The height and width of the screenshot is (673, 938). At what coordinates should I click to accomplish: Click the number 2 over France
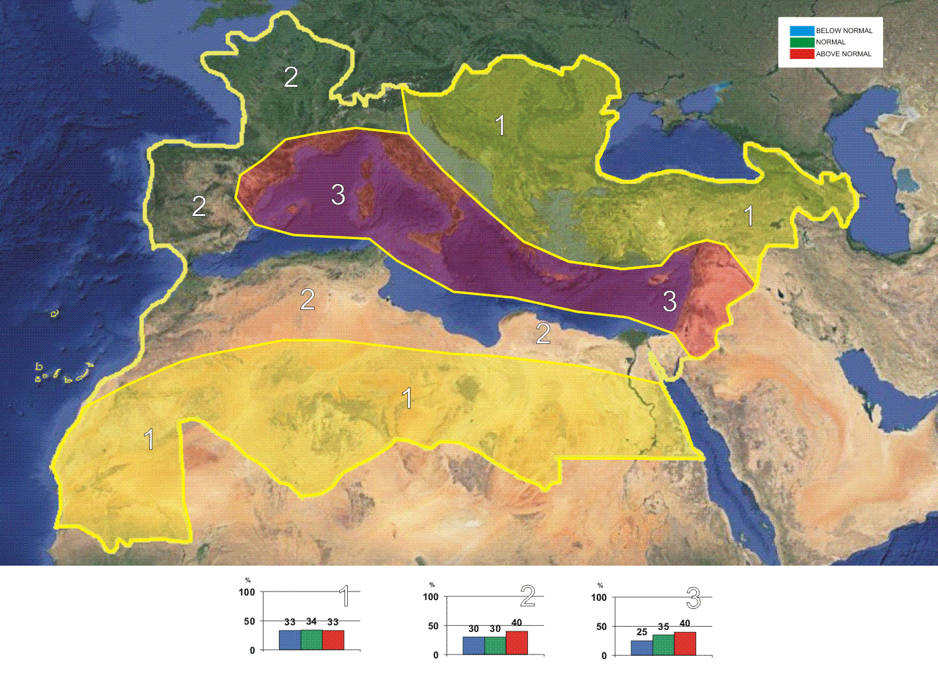[291, 78]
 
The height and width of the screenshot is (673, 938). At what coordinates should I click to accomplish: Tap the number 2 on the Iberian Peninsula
[199, 206]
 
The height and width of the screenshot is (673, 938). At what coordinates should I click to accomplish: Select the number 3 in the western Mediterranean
[338, 195]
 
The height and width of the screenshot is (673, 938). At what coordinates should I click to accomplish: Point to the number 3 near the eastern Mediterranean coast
[670, 301]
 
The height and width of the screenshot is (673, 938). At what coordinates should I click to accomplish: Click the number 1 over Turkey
[749, 216]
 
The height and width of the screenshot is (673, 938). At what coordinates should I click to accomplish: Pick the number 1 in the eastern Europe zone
[500, 125]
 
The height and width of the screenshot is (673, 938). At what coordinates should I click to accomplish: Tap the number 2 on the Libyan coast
[543, 333]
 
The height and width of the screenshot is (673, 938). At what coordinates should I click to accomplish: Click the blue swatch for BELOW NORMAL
[802, 30]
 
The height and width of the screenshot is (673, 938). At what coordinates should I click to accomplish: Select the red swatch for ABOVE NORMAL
[802, 54]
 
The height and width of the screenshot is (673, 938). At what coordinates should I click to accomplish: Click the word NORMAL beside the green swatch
[831, 42]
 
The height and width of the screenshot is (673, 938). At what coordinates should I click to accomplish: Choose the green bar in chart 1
[311, 639]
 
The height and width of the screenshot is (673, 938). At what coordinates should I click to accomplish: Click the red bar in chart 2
[517, 643]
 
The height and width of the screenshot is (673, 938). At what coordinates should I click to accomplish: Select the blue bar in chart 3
[641, 647]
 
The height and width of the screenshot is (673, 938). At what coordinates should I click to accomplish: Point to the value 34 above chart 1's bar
[311, 621]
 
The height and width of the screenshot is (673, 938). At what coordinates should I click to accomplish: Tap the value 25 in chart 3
[641, 633]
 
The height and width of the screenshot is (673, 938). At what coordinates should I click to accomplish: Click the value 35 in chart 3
[663, 627]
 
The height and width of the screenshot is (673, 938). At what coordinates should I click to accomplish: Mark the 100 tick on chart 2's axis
[431, 597]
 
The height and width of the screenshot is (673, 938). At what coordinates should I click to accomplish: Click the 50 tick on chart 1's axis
[249, 621]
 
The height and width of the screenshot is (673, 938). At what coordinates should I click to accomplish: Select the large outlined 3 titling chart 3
[694, 599]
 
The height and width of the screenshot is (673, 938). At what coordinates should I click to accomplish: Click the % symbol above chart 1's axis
[248, 580]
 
